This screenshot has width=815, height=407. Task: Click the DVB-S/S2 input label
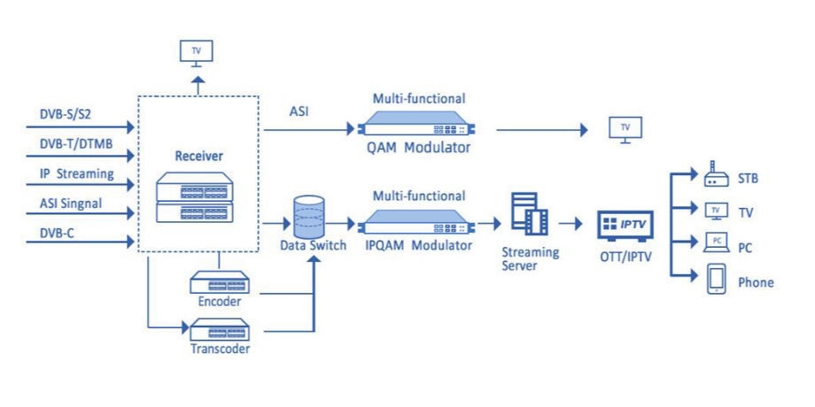66,114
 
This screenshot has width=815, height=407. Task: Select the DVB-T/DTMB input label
76,144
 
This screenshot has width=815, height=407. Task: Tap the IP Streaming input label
77,173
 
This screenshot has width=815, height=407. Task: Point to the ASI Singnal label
71,203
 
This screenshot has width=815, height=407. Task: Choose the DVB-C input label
58,233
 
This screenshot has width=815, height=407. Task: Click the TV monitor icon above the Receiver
196,53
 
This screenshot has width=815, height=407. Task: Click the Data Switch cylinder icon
309,217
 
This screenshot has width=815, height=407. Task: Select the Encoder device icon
220,283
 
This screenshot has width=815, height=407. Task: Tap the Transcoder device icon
220,330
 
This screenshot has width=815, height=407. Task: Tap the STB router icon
717,174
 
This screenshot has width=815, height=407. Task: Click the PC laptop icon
717,243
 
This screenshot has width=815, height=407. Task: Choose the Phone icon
717,280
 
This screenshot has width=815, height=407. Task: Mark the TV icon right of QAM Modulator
625,130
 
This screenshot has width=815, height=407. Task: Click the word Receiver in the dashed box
198,156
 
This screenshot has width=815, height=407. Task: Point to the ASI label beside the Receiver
299,111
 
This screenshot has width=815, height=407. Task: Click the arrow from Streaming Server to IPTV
570,224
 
